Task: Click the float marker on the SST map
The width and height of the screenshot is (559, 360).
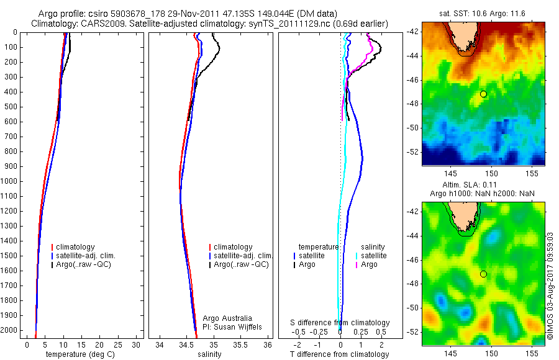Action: (x=483, y=94)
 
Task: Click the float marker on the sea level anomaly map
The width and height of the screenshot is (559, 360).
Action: (x=483, y=274)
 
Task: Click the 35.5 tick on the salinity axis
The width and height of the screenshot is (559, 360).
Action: (x=241, y=344)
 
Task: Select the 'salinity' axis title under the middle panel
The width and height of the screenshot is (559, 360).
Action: (x=210, y=354)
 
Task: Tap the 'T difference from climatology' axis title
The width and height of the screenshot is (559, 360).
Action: (x=340, y=354)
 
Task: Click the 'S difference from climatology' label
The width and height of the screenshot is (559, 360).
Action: (x=340, y=323)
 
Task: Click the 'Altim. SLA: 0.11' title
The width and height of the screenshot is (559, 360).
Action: (x=483, y=186)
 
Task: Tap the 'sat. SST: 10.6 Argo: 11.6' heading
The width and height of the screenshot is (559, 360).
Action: (x=483, y=13)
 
